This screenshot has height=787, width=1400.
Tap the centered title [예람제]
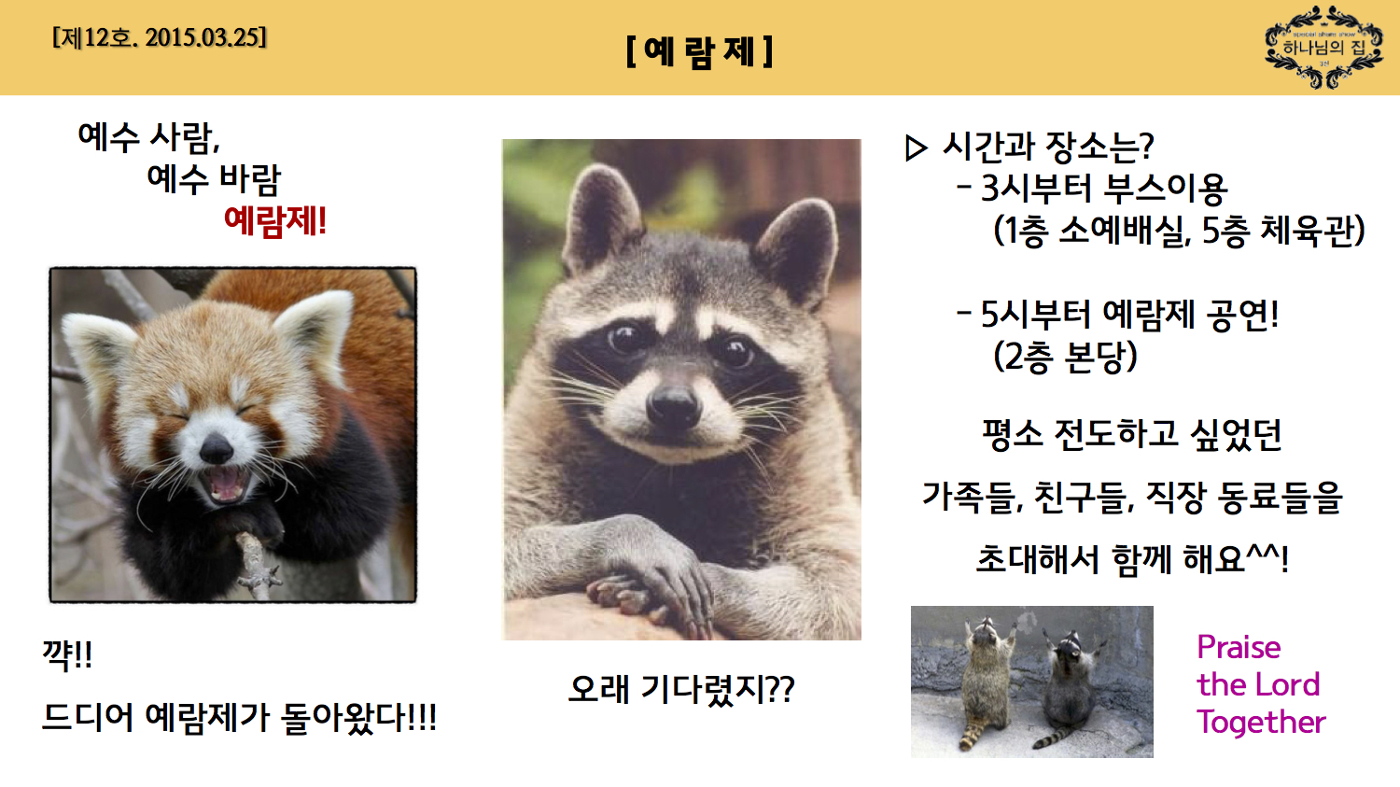tap(699, 51)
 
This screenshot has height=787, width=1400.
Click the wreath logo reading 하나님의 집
tap(1323, 48)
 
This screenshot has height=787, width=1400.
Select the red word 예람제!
tap(275, 221)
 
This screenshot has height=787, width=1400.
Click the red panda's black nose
tap(217, 450)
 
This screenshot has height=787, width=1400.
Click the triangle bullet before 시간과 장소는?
tap(917, 148)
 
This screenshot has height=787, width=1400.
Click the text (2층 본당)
tap(1065, 357)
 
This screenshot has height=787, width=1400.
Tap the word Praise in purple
tap(1239, 647)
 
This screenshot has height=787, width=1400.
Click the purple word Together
tap(1261, 722)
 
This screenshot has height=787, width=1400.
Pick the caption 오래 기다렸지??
tap(681, 690)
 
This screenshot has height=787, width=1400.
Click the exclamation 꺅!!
tap(67, 654)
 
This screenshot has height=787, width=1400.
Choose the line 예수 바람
tap(214, 178)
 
